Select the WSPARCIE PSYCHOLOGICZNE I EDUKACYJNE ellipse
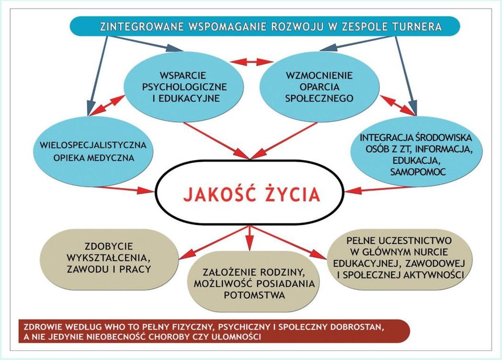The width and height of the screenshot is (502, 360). click(184, 87)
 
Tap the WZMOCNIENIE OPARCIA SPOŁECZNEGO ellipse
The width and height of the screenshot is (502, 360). click(319, 87)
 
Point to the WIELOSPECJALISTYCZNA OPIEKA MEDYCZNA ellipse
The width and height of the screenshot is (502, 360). click(93, 151)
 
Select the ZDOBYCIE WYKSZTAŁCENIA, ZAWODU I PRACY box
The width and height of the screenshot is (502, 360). click(109, 258)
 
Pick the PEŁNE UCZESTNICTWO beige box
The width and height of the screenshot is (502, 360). click(399, 257)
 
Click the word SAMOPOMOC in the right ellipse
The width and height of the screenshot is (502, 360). click(418, 172)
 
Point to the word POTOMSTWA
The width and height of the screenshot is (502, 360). click(254, 295)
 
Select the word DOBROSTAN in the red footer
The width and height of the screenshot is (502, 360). click(355, 328)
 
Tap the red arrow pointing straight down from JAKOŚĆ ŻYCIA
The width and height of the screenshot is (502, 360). click(250, 238)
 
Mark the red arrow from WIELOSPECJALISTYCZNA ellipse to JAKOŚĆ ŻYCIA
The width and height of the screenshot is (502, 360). click(124, 190)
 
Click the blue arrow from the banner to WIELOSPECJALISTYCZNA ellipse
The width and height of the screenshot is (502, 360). click(97, 76)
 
